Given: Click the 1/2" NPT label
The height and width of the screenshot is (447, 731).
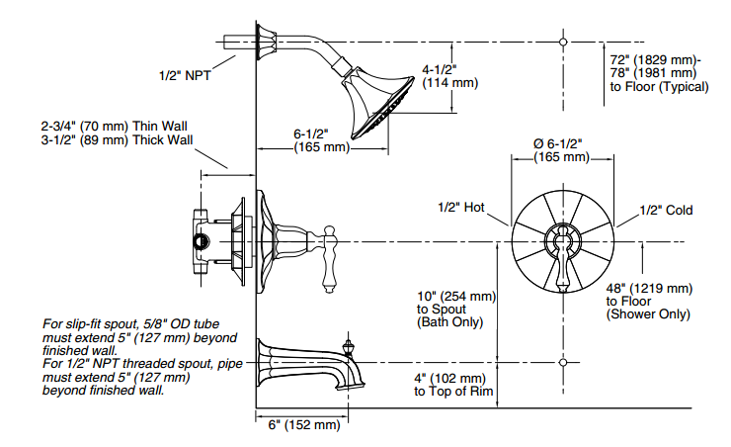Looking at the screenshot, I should pos(185,74).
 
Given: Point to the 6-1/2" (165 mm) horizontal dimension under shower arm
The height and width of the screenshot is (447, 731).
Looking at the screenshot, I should pos(322,140).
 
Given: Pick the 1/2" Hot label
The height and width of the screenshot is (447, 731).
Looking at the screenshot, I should pos(462,209).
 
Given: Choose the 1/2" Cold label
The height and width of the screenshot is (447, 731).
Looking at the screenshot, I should pos(666,210).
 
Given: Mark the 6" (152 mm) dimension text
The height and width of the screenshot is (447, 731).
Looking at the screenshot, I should pos(304,425).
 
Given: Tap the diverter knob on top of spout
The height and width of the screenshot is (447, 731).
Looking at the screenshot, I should pos(347,349).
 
